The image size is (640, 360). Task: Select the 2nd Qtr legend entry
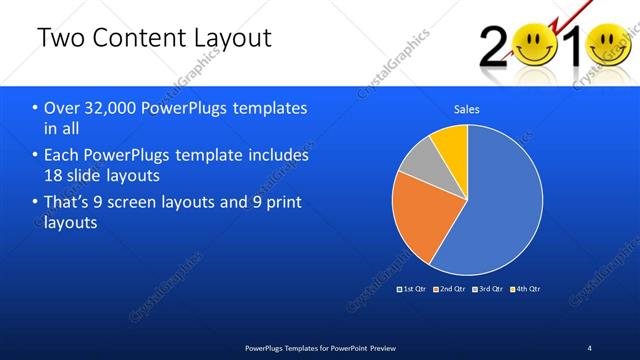pyautogui.click(x=450, y=288)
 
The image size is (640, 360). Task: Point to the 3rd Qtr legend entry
pyautogui.click(x=488, y=288)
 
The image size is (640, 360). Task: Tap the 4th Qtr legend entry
pyautogui.click(x=526, y=288)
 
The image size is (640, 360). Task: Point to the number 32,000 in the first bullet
pyautogui.click(x=107, y=108)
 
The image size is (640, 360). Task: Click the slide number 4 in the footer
pyautogui.click(x=590, y=347)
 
